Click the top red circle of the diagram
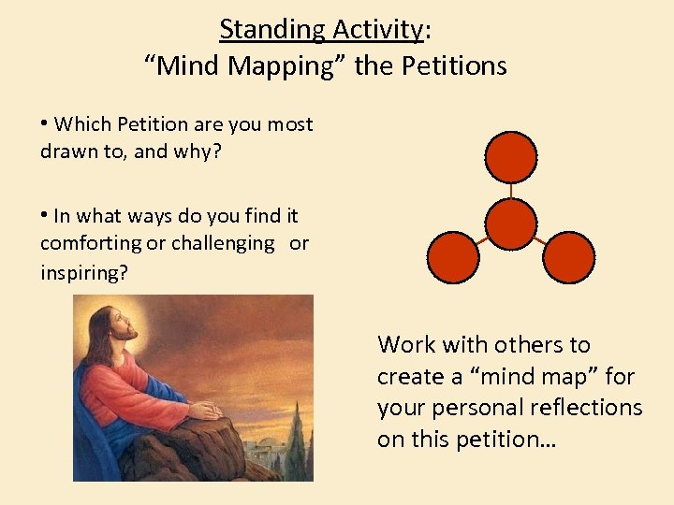coord(511,156)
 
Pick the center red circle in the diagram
coord(511,224)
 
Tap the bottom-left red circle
coord(452,257)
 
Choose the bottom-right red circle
coord(569,257)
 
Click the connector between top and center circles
coord(511,190)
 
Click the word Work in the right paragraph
coord(406,345)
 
